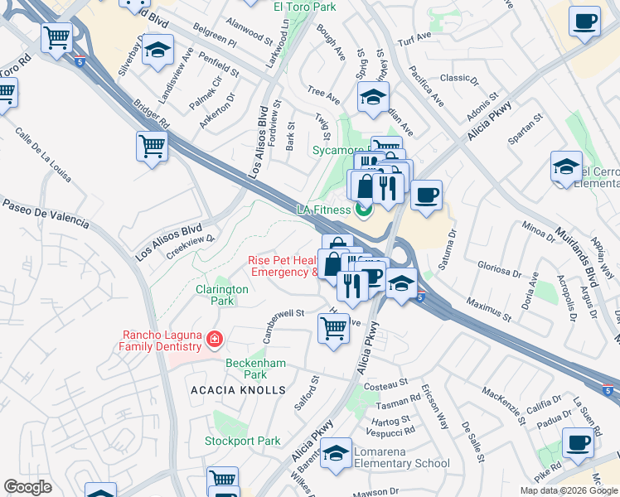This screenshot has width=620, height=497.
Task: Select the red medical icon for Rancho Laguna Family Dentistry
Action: click(x=215, y=339)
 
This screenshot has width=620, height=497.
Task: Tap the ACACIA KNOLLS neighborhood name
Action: click(x=237, y=389)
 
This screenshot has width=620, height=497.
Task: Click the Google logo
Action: click(x=27, y=487)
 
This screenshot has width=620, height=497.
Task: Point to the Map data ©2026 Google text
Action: click(x=568, y=490)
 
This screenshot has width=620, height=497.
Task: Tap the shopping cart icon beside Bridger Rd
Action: click(x=152, y=147)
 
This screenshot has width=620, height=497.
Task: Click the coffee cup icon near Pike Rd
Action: click(x=578, y=442)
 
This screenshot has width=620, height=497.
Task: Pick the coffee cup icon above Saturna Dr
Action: click(x=426, y=195)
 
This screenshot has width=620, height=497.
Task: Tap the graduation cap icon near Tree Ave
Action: click(x=373, y=96)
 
